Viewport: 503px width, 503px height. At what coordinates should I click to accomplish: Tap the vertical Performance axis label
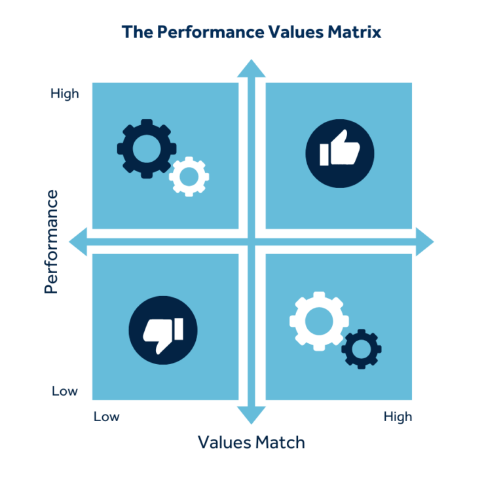click(x=51, y=241)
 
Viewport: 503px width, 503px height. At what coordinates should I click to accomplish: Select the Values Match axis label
click(x=251, y=442)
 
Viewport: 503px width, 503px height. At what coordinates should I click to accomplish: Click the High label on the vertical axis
click(x=65, y=94)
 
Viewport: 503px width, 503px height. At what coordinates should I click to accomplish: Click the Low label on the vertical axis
click(x=65, y=392)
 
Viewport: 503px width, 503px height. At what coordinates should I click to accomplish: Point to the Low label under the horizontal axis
click(x=107, y=417)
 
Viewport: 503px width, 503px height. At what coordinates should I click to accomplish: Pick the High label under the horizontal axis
click(x=398, y=417)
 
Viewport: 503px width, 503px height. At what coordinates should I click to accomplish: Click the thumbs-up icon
click(x=340, y=154)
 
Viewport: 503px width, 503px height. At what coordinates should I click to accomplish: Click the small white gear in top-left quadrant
click(x=189, y=176)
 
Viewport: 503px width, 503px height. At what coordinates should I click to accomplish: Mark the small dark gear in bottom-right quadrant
click(x=362, y=349)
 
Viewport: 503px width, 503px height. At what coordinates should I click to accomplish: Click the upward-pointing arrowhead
click(x=251, y=69)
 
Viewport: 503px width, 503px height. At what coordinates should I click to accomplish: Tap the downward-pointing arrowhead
click(x=251, y=415)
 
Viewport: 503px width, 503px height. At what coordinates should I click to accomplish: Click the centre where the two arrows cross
click(x=251, y=242)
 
